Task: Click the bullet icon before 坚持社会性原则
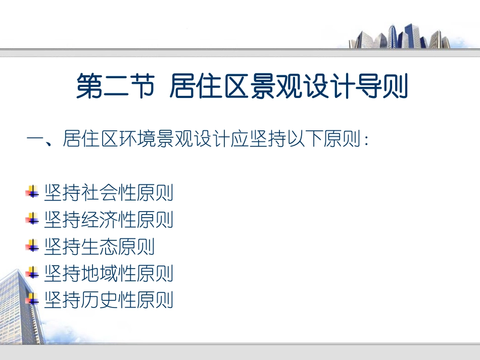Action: pos(32,192)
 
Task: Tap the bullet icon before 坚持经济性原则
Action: pos(32,219)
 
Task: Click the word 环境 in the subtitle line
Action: pos(136,139)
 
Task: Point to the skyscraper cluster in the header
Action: pos(399,36)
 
